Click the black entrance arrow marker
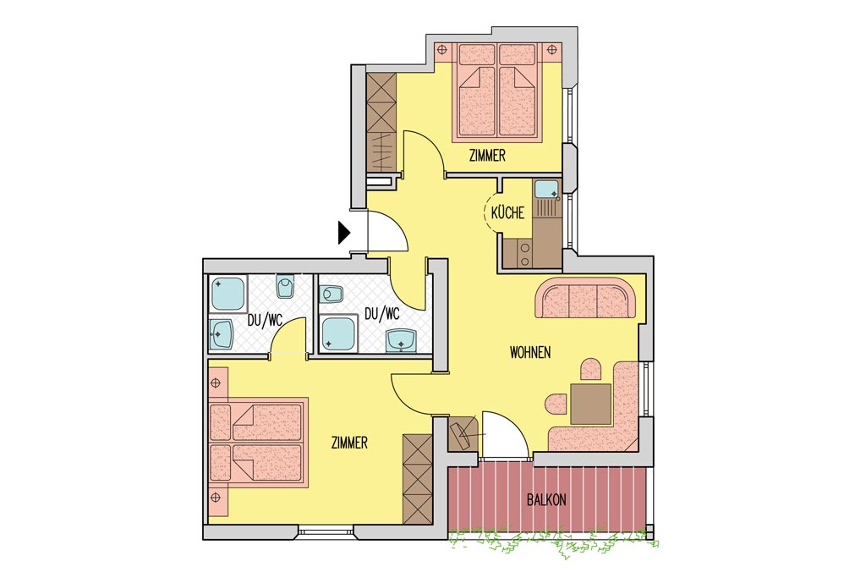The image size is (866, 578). tap(344, 233)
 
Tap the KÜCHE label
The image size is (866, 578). tap(507, 212)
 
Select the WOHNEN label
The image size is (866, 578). tap(530, 353)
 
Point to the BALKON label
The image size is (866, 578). tap(546, 500)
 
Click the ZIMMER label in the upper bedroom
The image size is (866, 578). tap(487, 156)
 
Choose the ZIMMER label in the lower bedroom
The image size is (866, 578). tap(349, 443)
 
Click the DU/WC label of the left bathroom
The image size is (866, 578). tap(265, 320)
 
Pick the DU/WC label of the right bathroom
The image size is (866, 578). tap(381, 314)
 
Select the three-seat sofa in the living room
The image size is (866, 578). tap(585, 299)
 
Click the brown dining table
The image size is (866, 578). tap(591, 404)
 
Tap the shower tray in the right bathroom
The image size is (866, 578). tap(338, 333)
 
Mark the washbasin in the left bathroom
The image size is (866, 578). tap(222, 333)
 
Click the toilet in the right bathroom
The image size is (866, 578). tap(332, 294)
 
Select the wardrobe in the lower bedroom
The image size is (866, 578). tap(417, 479)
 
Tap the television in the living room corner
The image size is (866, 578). tap(462, 434)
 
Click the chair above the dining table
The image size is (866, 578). tap(590, 369)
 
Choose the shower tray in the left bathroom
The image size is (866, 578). tap(227, 295)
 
